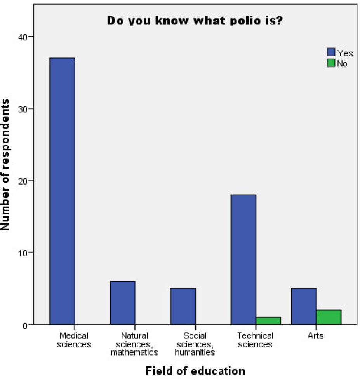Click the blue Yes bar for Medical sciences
63,191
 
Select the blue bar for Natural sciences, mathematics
123,303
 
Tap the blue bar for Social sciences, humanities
183,306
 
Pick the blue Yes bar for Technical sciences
243,259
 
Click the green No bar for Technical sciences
268,321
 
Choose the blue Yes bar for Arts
304,306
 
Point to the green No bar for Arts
328,317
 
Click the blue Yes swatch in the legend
331,53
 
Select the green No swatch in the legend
331,63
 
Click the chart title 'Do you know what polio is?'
195,21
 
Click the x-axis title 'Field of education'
195,371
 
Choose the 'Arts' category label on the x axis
316,335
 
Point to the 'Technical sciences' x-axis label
256,340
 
